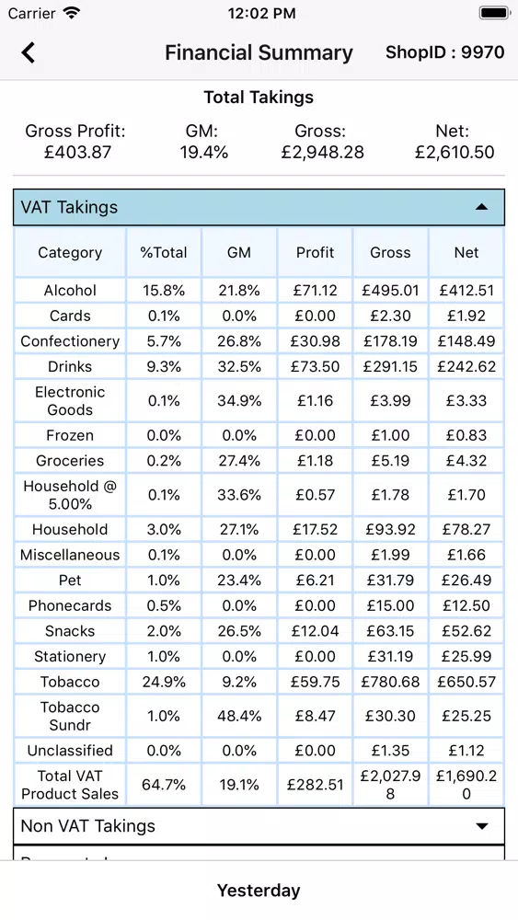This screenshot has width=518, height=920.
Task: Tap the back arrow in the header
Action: tap(29, 52)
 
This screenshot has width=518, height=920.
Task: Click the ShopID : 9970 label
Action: tap(444, 52)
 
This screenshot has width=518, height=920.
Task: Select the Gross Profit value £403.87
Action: tap(77, 153)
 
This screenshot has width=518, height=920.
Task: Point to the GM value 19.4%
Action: tap(203, 153)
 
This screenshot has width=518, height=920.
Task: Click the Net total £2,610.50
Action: tap(455, 153)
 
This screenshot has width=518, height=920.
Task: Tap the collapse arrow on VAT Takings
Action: tap(481, 206)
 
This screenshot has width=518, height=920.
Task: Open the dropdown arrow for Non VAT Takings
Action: tap(481, 826)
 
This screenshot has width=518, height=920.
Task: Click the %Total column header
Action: tap(164, 252)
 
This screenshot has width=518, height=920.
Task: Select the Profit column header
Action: tap(315, 252)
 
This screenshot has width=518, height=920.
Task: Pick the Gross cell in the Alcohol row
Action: tap(391, 291)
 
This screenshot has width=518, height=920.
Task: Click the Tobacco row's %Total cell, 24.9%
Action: tap(164, 682)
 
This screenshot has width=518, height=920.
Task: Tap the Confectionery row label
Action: tap(70, 341)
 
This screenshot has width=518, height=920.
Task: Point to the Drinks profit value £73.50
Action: tap(315, 367)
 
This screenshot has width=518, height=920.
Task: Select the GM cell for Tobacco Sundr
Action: tap(239, 716)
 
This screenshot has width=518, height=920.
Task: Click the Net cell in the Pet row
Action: tap(466, 581)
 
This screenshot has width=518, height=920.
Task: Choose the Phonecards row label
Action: tap(70, 605)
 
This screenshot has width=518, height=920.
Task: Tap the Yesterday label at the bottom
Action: tap(259, 890)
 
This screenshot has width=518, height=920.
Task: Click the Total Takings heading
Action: tap(259, 97)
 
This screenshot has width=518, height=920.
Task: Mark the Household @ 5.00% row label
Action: tap(70, 495)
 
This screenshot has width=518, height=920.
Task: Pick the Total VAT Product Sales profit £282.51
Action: tap(315, 785)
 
